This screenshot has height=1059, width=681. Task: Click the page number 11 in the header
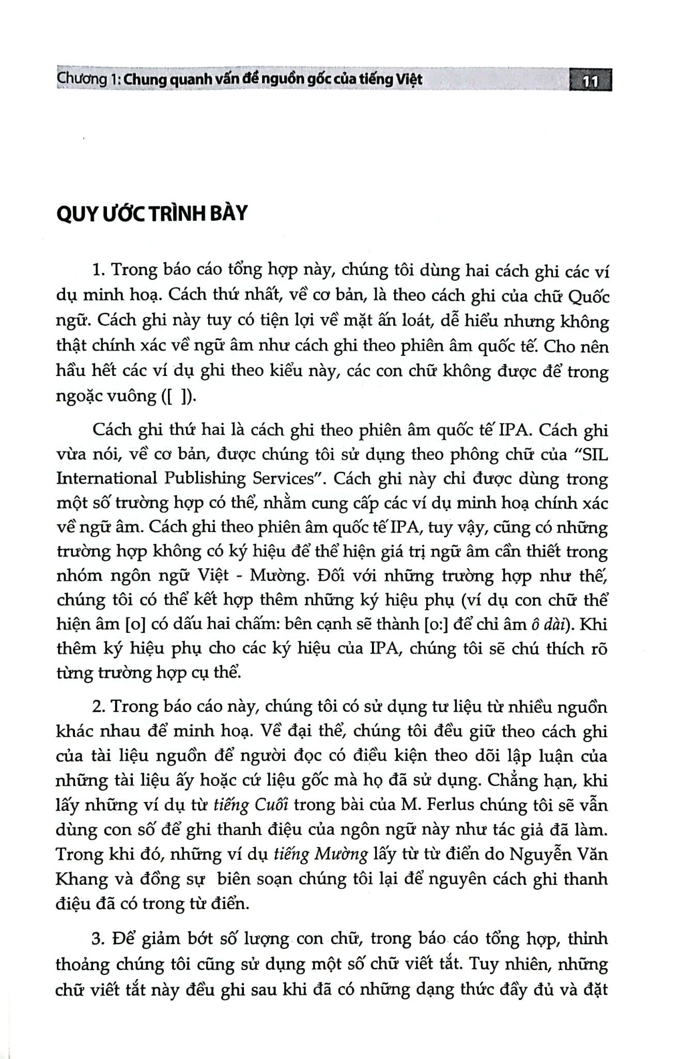coord(590,82)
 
